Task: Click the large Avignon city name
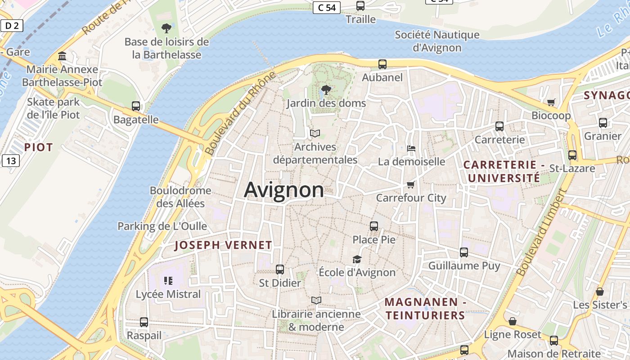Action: pyautogui.click(x=283, y=190)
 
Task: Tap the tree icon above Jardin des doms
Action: pyautogui.click(x=326, y=90)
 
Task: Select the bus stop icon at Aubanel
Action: pyautogui.click(x=382, y=64)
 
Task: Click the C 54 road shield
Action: pyautogui.click(x=327, y=8)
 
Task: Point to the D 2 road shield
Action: pyautogui.click(x=11, y=26)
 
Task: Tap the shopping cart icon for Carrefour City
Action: pyautogui.click(x=410, y=184)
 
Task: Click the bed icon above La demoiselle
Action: pyautogui.click(x=411, y=148)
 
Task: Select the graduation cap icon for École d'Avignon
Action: pyautogui.click(x=357, y=259)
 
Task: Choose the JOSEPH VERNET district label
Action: pyautogui.click(x=223, y=245)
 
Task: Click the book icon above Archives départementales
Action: pyautogui.click(x=315, y=134)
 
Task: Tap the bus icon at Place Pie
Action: pyautogui.click(x=374, y=226)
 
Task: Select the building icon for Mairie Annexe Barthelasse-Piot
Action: pyautogui.click(x=62, y=56)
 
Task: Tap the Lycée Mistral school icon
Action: pyautogui.click(x=168, y=281)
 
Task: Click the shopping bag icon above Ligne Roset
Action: pyautogui.click(x=512, y=321)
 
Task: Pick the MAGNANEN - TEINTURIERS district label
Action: pyautogui.click(x=425, y=309)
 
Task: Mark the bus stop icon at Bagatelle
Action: pyautogui.click(x=136, y=106)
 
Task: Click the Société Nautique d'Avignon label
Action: pyautogui.click(x=437, y=41)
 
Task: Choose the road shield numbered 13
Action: pyautogui.click(x=10, y=160)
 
